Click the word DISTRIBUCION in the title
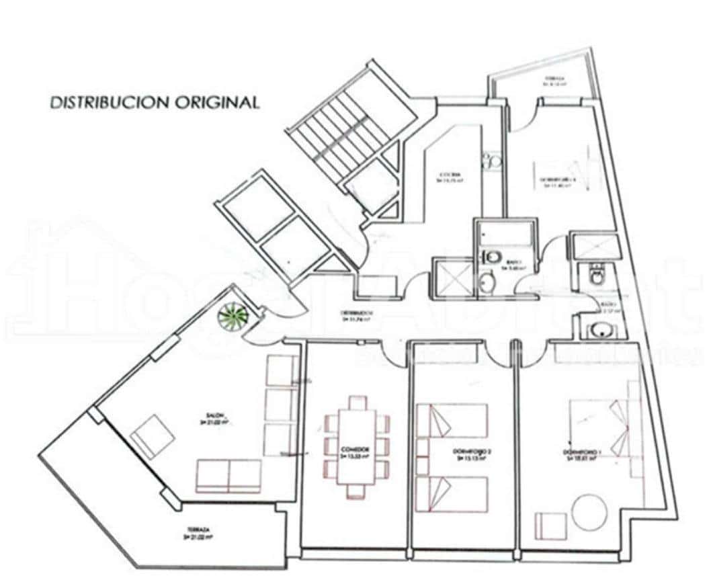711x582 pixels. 110,103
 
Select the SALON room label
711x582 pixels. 214,415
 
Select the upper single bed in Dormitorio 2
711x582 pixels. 452,421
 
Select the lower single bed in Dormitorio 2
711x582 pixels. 452,494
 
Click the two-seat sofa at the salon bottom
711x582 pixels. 228,476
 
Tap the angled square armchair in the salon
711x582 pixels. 153,433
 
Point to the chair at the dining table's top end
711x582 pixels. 357,403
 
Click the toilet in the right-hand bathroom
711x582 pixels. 595,274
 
